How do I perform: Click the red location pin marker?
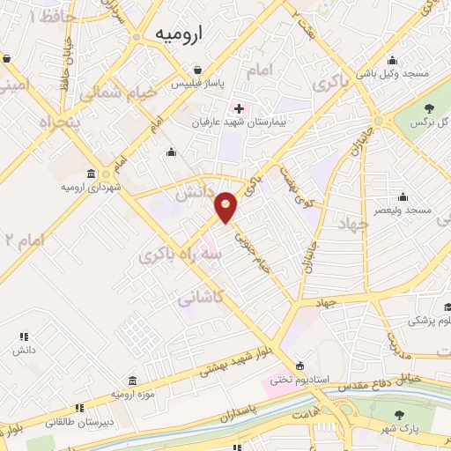coord(226,206)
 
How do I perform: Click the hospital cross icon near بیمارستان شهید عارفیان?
coord(239,108)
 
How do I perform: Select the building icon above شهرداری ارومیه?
coord(93,173)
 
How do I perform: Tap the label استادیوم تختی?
coord(298,380)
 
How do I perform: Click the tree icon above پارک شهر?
coord(401,414)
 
